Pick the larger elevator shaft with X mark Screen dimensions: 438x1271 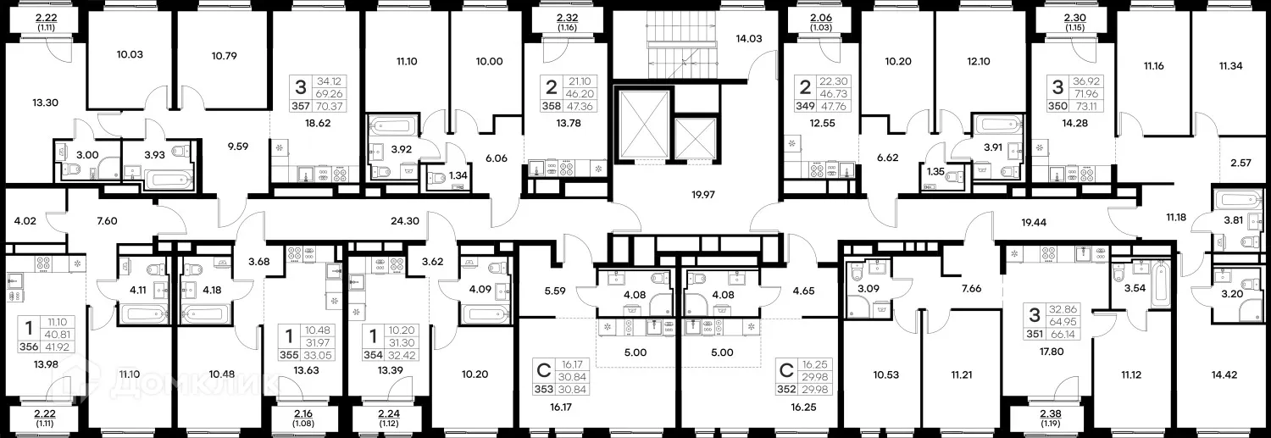(643, 122)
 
